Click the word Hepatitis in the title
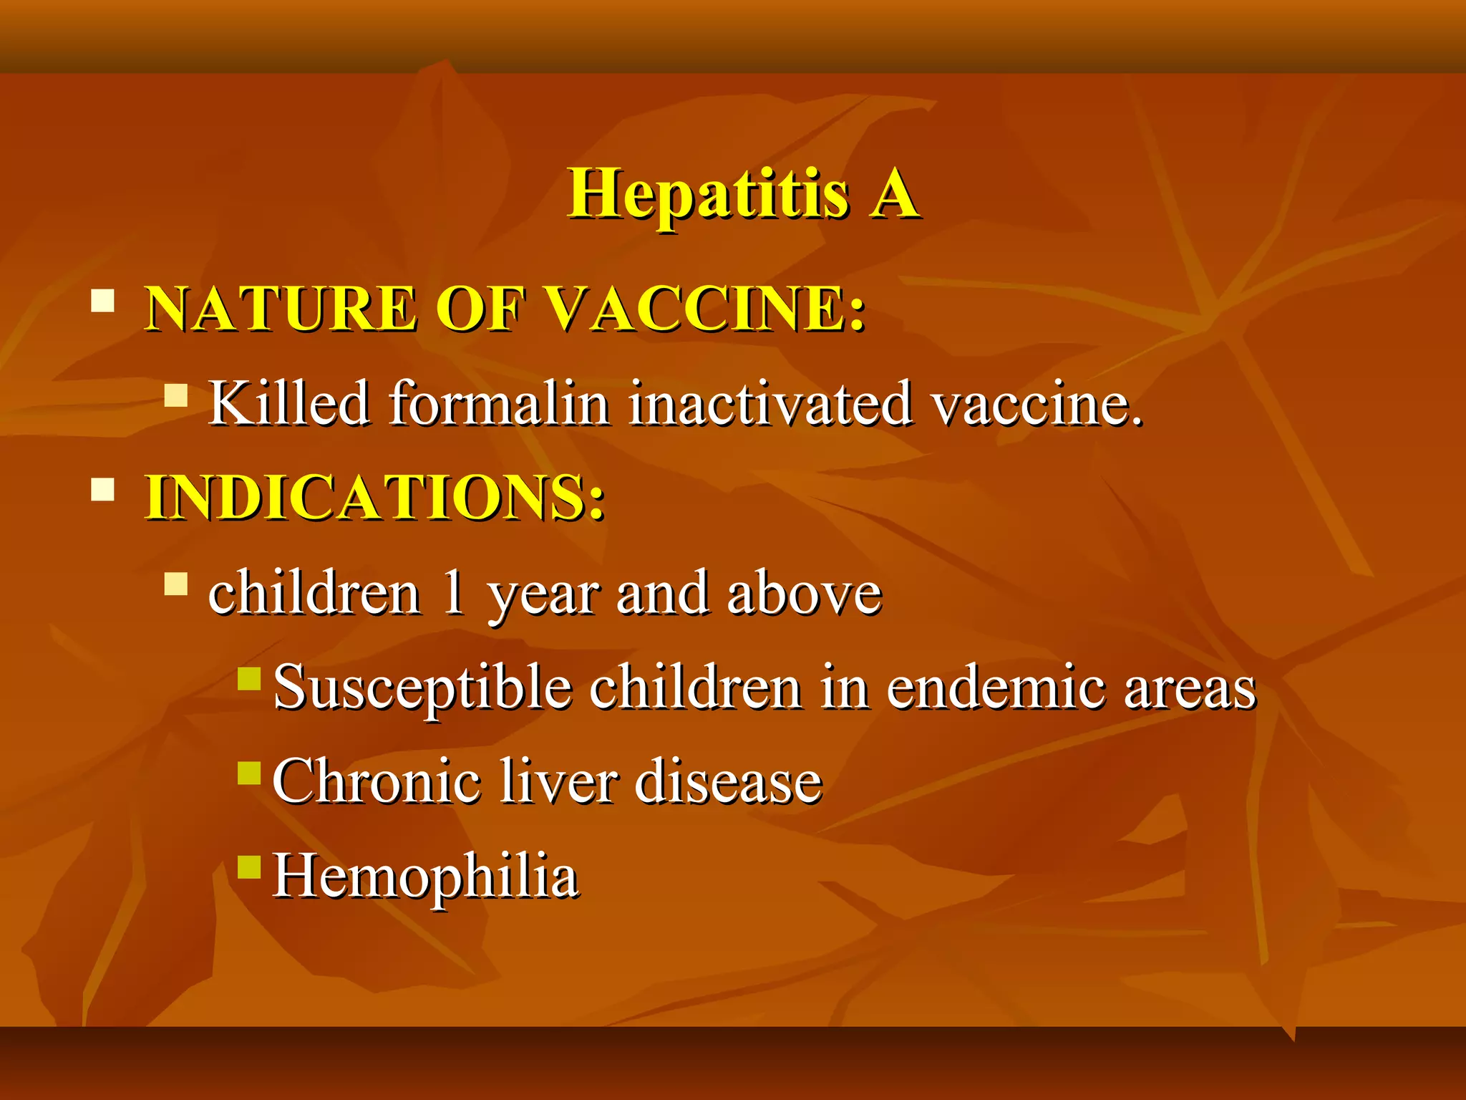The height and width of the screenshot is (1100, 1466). tap(709, 195)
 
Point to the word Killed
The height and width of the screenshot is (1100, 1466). tap(289, 403)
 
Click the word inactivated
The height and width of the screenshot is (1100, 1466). tap(771, 403)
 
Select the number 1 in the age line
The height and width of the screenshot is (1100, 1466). tap(453, 593)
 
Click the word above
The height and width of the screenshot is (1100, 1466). tap(804, 593)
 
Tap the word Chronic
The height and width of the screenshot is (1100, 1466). tap(376, 781)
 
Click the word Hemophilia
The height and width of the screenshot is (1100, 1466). tap(426, 877)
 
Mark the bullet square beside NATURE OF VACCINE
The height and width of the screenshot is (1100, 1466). tap(103, 300)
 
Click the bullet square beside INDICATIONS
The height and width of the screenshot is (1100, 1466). tap(103, 488)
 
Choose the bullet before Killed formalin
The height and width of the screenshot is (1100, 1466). tap(175, 395)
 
